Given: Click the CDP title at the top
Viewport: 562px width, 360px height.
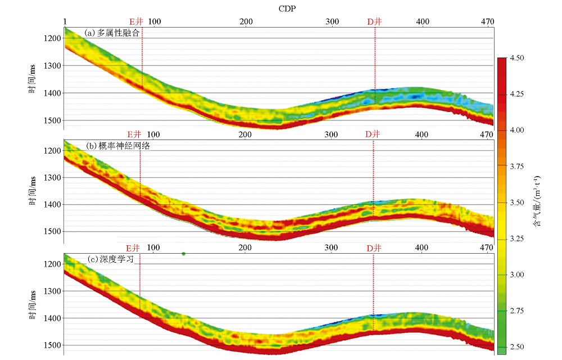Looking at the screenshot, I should (287, 8).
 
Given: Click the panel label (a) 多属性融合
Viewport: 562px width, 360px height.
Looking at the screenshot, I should (112, 33).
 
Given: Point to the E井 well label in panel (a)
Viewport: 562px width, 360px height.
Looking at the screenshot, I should (136, 21).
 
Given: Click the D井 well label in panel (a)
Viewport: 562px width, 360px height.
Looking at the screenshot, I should (375, 21).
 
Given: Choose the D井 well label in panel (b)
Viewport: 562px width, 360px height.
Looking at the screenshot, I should (373, 134).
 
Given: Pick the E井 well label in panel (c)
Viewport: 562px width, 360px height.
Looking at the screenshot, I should (133, 247).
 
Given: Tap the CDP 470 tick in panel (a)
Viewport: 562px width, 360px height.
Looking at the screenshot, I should (488, 21).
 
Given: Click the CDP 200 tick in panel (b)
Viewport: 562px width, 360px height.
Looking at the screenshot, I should (245, 134).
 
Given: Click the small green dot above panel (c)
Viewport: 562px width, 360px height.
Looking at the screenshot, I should (184, 254).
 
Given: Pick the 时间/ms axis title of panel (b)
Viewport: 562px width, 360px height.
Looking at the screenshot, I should (33, 191).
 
